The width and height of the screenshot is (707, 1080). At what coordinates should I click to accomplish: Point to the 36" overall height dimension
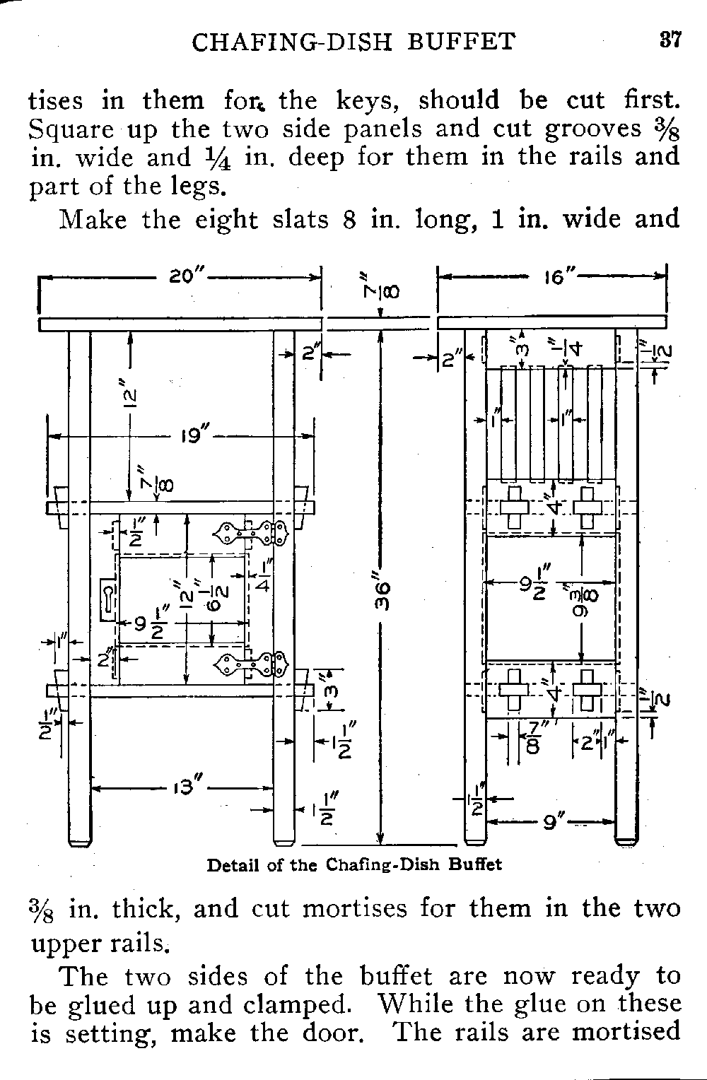(382, 597)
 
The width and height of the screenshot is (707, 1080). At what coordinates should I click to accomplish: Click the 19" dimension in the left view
(192, 437)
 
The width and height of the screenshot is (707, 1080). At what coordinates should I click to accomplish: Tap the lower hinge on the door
(254, 663)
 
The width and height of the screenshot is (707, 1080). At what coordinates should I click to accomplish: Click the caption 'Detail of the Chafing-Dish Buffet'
(353, 864)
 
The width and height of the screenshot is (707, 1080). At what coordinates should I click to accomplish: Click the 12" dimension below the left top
(132, 401)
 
